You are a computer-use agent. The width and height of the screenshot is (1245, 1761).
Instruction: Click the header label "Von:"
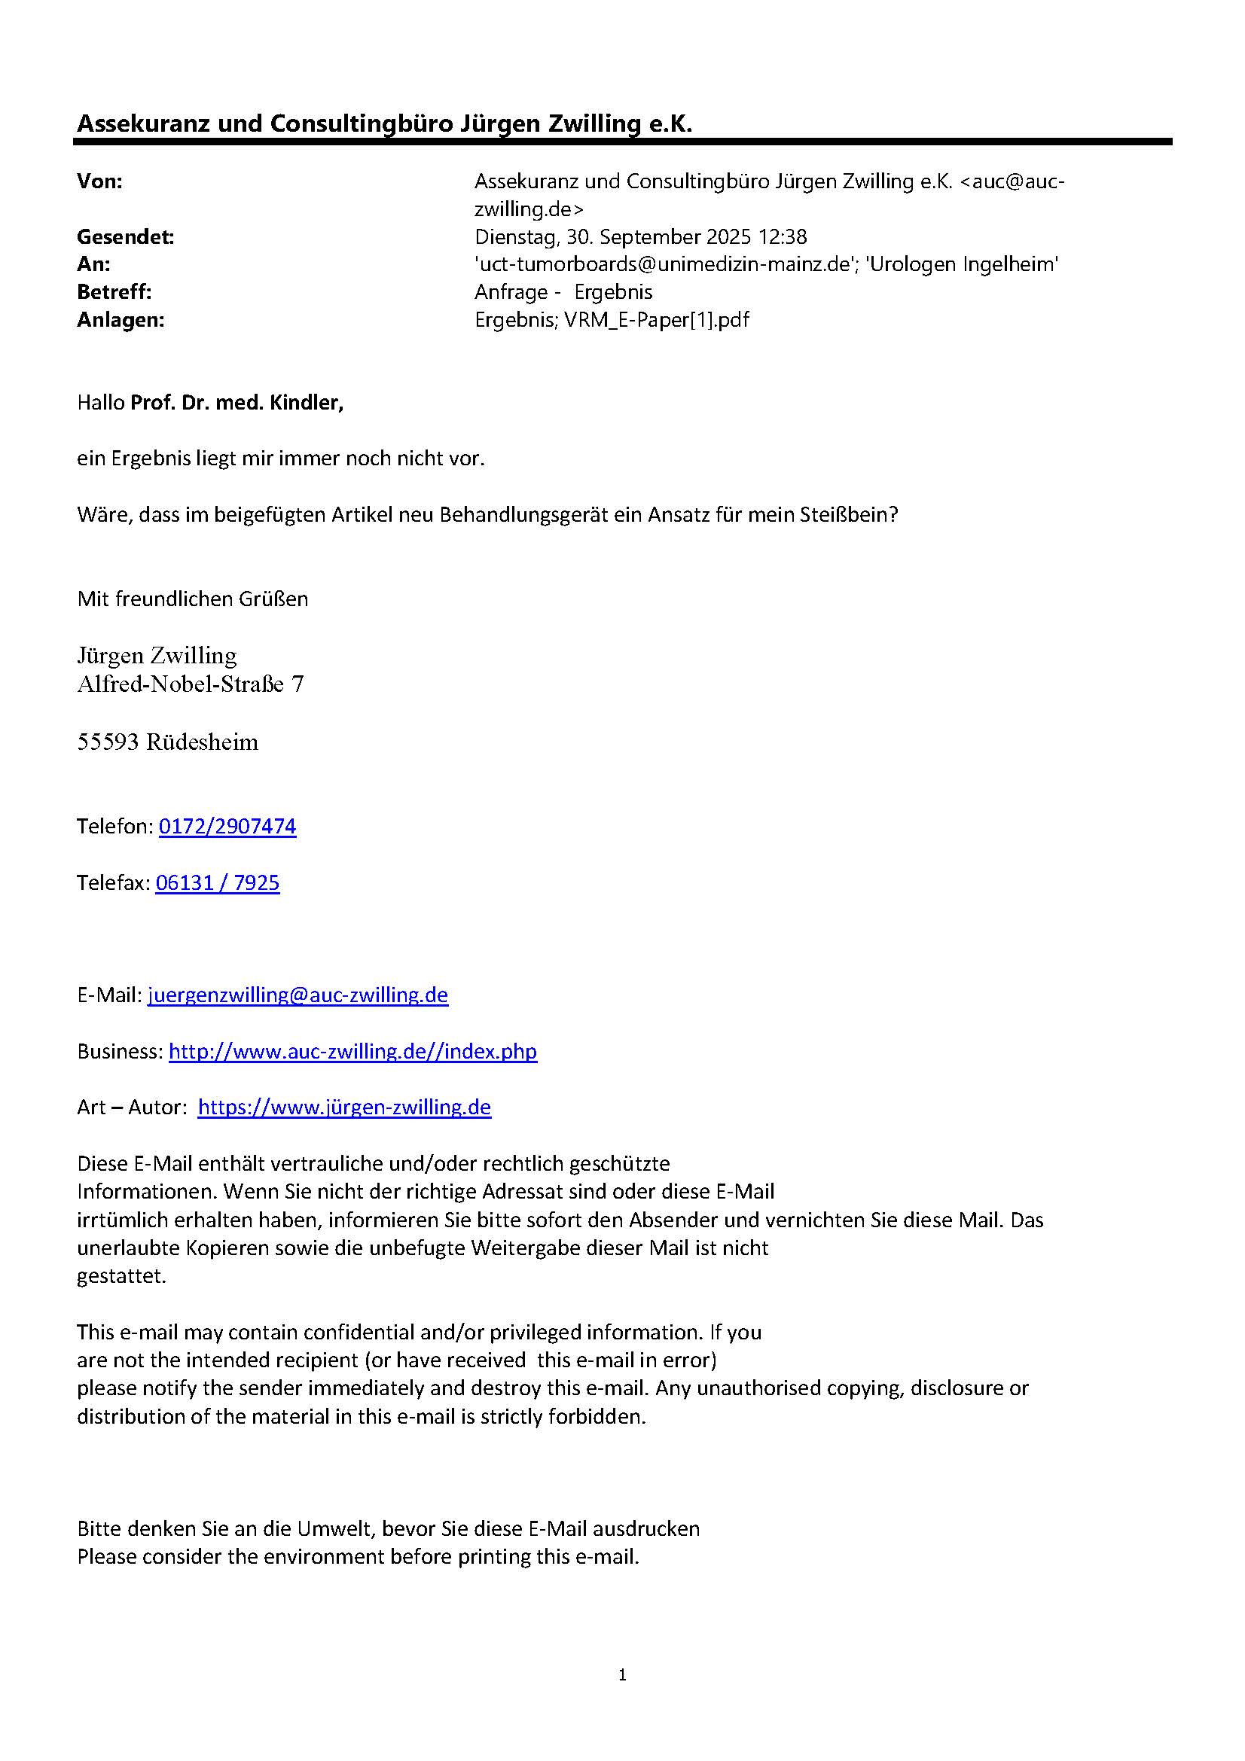point(99,181)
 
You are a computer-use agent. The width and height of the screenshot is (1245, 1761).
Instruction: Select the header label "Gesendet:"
point(125,237)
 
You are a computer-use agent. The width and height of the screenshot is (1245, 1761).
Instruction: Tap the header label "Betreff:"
point(114,292)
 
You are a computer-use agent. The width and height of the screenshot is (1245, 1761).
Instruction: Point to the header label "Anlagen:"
point(121,320)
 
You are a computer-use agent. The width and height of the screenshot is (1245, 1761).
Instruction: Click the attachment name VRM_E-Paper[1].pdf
point(657,320)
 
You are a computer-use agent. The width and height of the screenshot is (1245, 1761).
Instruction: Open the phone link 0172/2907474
point(227,826)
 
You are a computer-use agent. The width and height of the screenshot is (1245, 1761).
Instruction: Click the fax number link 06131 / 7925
point(217,883)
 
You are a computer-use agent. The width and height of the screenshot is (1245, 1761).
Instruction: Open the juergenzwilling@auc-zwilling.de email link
point(298,995)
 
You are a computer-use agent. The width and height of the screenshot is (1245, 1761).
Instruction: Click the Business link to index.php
point(353,1051)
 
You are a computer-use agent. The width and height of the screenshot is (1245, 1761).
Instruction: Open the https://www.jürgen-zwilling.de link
point(344,1107)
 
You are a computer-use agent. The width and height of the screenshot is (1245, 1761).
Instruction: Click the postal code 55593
point(108,742)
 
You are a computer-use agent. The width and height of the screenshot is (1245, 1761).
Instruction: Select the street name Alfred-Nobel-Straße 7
point(191,684)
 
